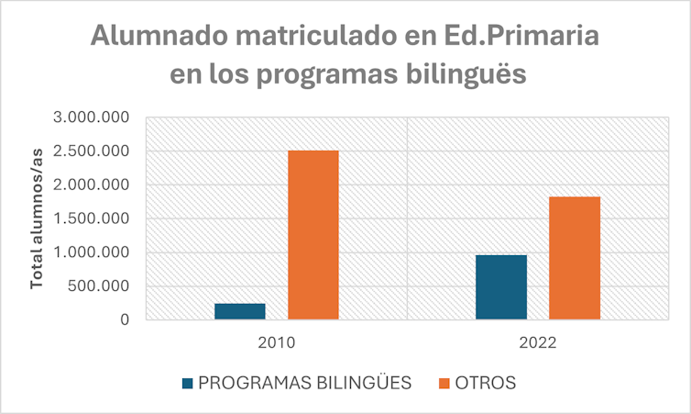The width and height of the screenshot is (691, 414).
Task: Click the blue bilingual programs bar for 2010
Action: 240,311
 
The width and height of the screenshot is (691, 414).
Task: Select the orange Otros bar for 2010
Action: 313,235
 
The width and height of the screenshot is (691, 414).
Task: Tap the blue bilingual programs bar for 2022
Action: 501,287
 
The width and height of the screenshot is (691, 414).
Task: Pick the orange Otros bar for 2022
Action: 575,258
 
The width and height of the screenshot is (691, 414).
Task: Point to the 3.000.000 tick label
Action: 91,117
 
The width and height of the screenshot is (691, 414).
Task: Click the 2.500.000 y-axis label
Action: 91,151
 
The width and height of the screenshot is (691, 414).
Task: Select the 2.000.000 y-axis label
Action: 91,185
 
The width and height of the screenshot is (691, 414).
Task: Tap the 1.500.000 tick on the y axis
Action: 91,218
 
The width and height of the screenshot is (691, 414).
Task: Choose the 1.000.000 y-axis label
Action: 91,252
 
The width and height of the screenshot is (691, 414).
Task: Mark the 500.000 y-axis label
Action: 98,286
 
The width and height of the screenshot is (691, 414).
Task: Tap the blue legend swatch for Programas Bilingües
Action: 188,382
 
